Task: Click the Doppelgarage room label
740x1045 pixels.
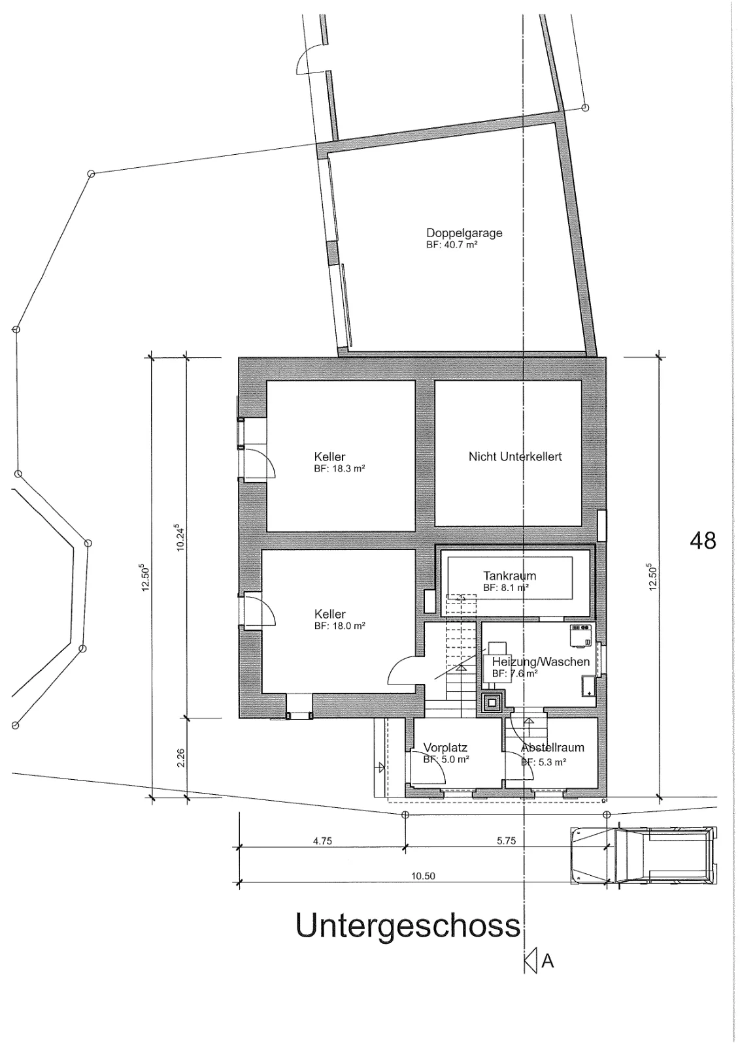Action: click(464, 233)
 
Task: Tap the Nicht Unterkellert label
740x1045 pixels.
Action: click(515, 457)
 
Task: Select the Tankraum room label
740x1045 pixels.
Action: click(509, 575)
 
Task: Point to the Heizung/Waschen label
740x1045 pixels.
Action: click(541, 662)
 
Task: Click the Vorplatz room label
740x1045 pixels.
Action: click(445, 747)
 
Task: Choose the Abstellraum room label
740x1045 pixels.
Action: click(552, 747)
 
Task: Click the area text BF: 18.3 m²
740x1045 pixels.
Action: click(339, 469)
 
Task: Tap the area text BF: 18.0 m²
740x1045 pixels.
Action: click(339, 626)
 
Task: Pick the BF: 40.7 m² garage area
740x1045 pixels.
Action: click(452, 244)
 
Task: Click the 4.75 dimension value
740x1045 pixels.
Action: click(322, 841)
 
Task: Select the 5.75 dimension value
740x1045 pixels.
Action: click(506, 841)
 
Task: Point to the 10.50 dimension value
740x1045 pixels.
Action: click(423, 876)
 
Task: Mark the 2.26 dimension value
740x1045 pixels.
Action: click(181, 758)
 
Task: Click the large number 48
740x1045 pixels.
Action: click(703, 541)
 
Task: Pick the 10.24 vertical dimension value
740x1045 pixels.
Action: click(180, 537)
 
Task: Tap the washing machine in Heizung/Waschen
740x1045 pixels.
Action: click(580, 635)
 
